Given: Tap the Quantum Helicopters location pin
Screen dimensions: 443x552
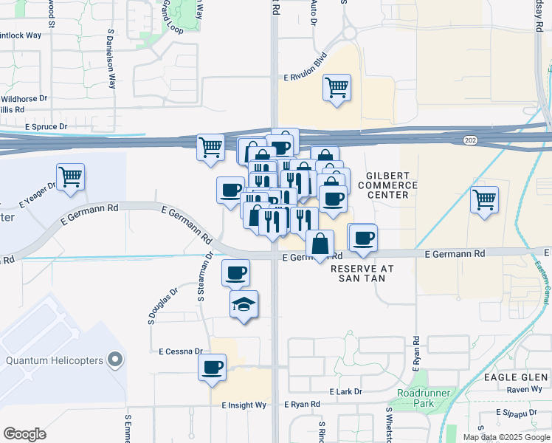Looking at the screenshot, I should pos(114,360).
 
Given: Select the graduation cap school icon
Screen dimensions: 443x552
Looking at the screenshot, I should pos(244,304).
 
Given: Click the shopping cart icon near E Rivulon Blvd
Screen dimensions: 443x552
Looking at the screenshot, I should pos(337,88).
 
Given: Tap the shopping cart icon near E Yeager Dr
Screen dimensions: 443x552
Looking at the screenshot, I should pos(70,177).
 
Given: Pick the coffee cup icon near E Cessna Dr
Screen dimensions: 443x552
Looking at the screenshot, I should pos(212,366).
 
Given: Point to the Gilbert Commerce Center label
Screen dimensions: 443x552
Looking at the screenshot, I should pos(387,185).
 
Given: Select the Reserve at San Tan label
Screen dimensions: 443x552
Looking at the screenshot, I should pos(362,273).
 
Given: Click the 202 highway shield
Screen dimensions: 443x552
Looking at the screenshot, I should pos(469,140).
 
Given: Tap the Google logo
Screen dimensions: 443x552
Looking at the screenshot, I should pos(24,434).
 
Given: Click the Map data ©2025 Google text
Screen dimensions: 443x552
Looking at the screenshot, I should pos(506,437).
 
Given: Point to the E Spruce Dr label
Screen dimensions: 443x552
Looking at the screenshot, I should pos(46,127).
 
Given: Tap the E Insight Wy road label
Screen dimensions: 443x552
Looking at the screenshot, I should pos(244,405).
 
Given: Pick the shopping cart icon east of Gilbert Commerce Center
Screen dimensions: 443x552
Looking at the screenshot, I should pos(484,199).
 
